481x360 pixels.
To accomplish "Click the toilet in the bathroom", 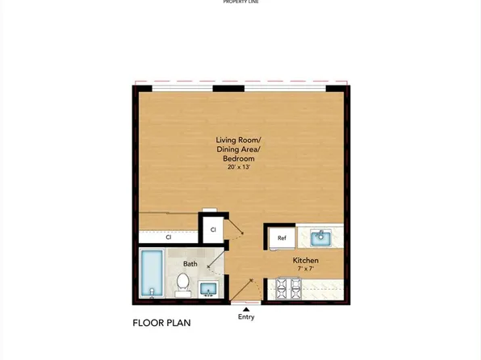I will pyautogui.click(x=183, y=283).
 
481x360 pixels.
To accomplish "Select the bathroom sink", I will pyautogui.click(x=209, y=288).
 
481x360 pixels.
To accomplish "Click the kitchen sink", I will pyautogui.click(x=320, y=237).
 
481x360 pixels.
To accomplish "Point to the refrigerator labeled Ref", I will pyautogui.click(x=282, y=237).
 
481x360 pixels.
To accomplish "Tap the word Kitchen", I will pyautogui.click(x=306, y=261).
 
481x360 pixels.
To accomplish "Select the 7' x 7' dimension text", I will pyautogui.click(x=306, y=270).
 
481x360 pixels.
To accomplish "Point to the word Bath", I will pyautogui.click(x=190, y=264).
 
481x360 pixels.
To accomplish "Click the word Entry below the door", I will pyautogui.click(x=246, y=317).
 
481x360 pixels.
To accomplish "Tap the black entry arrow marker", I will pyautogui.click(x=246, y=308).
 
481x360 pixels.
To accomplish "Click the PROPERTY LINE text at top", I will pyautogui.click(x=240, y=2).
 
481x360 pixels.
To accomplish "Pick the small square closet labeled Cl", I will pyautogui.click(x=213, y=229).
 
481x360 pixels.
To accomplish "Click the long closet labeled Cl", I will pyautogui.click(x=169, y=237).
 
